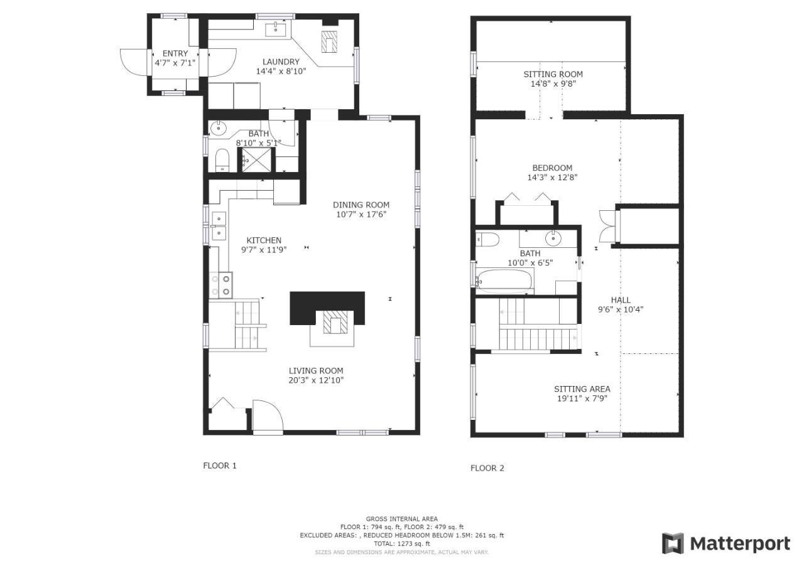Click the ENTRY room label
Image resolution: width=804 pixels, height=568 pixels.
coord(175,53)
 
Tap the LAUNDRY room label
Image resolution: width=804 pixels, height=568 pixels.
coord(281,62)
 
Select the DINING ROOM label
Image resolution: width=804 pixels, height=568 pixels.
coord(361,205)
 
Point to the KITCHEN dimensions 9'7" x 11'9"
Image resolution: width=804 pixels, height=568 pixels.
coord(264,250)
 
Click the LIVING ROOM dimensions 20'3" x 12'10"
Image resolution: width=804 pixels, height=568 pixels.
coord(316,380)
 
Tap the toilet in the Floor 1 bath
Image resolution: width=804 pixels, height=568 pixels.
coord(222,160)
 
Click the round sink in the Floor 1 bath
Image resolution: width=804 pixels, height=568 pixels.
coord(217,127)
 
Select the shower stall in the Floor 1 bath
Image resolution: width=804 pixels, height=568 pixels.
coord(257,159)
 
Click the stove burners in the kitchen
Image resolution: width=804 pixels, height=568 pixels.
coord(220,285)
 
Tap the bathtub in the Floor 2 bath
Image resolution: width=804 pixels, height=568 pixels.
coord(504,282)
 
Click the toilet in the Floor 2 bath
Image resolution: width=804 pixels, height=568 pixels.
coord(487,240)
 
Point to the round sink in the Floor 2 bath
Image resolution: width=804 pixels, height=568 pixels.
coord(553,238)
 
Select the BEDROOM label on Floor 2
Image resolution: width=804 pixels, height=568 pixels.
coord(552,168)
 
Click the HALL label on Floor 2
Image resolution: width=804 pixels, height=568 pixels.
coord(621,300)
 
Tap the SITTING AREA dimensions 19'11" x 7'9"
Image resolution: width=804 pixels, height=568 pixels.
coord(582,399)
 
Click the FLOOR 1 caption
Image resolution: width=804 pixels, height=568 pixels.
coord(220,466)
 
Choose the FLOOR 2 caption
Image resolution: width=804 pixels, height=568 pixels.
coord(487,468)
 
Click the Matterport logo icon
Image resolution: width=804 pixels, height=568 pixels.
coord(673,544)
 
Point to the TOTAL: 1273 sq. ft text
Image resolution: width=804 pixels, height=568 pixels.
coord(402,544)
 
